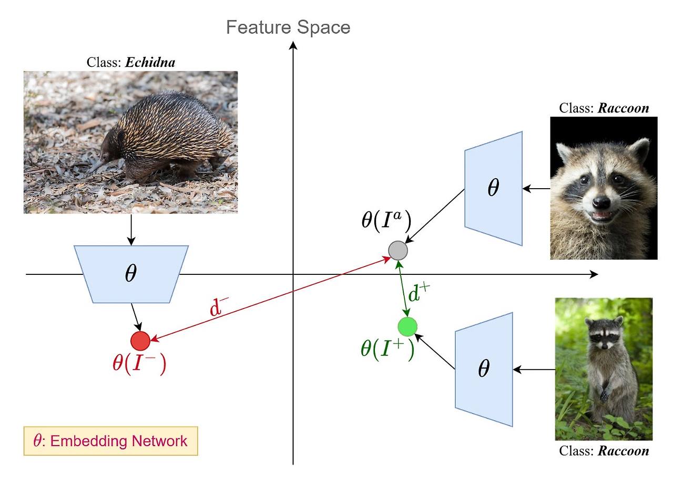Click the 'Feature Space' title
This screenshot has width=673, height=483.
(288, 27)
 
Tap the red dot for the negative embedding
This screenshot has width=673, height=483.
(140, 341)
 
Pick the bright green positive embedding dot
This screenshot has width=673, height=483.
(407, 327)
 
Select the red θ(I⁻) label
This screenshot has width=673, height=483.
(139, 364)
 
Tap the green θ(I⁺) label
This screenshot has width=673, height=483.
(388, 349)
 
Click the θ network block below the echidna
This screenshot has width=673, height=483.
(131, 274)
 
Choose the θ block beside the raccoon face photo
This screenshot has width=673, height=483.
(493, 188)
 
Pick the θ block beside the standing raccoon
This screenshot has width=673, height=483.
(483, 369)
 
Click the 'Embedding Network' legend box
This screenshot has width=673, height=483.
(110, 440)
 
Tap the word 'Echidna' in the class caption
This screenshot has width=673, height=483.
(150, 63)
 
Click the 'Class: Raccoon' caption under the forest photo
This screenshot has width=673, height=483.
(604, 451)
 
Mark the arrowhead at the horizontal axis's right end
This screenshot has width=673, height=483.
(594, 274)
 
